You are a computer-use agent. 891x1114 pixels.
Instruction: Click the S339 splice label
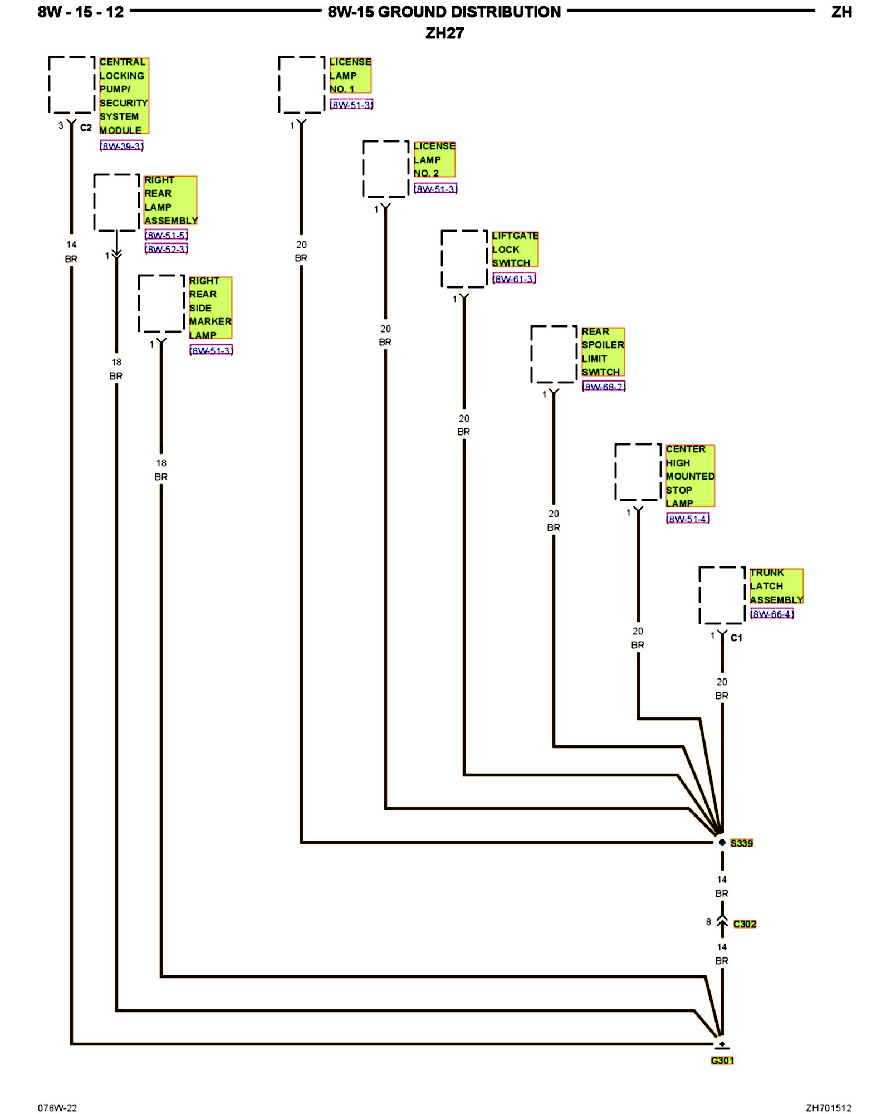tap(741, 843)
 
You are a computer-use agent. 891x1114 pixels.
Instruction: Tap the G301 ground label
tap(722, 1061)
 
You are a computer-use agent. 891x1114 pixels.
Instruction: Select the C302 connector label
tap(745, 924)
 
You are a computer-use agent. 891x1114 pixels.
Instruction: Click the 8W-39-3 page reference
tap(121, 146)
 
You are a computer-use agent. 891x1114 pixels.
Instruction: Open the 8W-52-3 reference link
tap(166, 249)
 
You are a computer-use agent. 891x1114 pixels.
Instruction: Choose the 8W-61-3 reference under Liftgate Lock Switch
tap(514, 278)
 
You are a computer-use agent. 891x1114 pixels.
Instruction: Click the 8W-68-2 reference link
tap(604, 387)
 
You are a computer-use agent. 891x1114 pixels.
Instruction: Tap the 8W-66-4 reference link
tap(771, 614)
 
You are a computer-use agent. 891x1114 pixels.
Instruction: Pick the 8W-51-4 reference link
tap(688, 519)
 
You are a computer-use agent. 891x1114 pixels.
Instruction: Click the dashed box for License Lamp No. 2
tap(386, 169)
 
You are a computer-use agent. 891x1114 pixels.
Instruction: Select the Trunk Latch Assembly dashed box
tap(722, 595)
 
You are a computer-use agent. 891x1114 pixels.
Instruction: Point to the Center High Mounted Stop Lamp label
tap(690, 476)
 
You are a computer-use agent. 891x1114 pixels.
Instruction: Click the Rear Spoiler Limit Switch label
tap(603, 352)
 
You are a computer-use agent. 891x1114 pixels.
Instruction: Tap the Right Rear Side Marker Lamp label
tap(210, 308)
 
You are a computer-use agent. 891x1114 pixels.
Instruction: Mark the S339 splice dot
tap(722, 842)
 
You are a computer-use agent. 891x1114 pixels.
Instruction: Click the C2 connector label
tap(86, 128)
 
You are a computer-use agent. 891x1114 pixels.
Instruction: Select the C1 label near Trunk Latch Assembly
tap(736, 638)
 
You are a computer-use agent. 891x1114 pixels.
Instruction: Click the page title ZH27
tap(444, 33)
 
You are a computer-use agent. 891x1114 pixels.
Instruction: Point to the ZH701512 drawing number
tap(829, 1108)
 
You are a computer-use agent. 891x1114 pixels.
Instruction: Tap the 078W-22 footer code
tap(57, 1108)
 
